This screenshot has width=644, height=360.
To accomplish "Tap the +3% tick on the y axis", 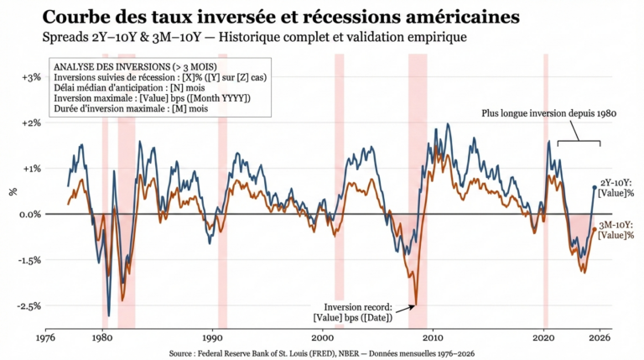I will coord(30,76).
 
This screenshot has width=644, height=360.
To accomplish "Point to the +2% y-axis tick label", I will coord(30,123).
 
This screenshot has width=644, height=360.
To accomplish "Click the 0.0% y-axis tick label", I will coord(29,214).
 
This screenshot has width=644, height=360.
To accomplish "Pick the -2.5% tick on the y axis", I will coord(29,306).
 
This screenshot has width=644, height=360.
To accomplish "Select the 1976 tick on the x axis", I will coord(46,338).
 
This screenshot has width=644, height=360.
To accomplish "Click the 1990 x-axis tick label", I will coord(212,338).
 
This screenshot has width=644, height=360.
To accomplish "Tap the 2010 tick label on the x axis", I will coord(434,338).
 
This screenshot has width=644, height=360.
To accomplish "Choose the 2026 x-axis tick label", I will coord(600,338).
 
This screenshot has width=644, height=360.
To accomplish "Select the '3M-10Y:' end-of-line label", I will coord(620,224).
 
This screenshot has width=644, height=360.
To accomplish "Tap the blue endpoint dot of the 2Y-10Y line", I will coord(595,187).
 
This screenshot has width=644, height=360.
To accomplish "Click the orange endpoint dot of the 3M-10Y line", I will coord(595,229).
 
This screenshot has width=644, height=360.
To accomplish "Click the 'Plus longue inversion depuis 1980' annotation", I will coord(543,112).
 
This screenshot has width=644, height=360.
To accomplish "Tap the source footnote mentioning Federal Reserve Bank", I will coord(321,353).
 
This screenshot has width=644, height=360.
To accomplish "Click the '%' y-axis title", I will coord(13,191).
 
